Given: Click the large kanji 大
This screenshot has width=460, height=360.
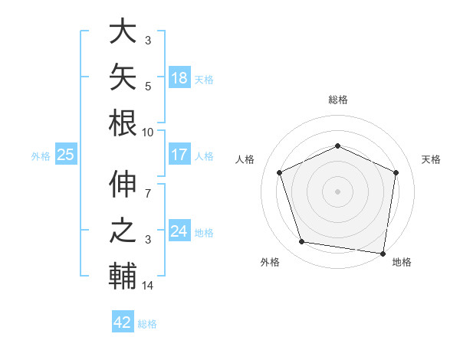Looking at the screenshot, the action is point(123,31).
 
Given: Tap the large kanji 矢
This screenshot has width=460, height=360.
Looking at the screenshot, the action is point(123,77).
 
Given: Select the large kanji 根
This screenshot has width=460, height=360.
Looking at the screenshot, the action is point(123,123).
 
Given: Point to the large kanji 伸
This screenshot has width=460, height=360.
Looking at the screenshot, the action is point(123,184).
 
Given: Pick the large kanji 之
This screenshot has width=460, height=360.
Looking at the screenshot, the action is point(123,230).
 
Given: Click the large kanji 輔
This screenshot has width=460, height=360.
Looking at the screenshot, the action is point(123,276).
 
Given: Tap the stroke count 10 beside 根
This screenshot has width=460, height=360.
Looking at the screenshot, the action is point(147,133).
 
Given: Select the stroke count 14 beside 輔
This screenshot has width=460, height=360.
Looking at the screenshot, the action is point(147,286).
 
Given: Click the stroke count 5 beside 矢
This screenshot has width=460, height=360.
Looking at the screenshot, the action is point(148,87).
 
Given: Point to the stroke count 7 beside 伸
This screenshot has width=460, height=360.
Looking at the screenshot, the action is point(148,194).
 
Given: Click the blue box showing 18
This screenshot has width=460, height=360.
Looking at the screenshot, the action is point(179,77).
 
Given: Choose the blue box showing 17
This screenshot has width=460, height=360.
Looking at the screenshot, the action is point(179,154).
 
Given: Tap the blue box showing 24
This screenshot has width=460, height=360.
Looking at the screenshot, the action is point(179,230).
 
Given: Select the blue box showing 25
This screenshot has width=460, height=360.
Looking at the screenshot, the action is point(66,154).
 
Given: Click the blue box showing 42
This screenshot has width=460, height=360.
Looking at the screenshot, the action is point(123,321).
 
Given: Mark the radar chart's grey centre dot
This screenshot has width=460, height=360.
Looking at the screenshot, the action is point(337,191).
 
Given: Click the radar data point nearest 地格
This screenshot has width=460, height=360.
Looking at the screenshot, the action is point(383,254).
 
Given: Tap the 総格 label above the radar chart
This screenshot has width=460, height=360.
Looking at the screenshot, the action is point(338,100).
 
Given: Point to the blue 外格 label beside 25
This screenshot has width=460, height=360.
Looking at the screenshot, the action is point(41,156).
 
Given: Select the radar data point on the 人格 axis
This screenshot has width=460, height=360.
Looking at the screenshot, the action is point(280,172).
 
